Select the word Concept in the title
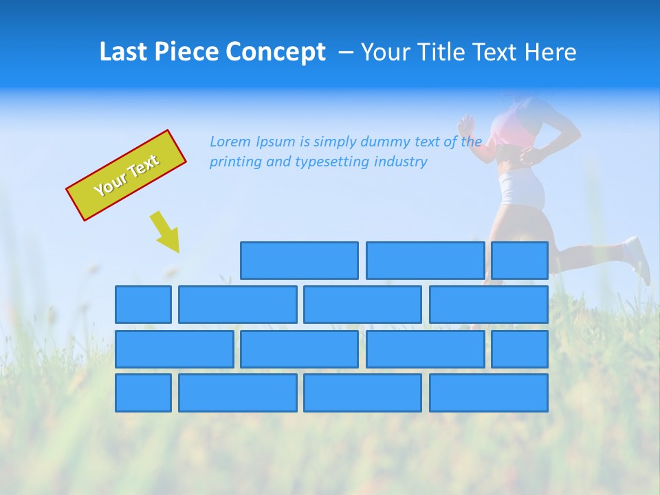[x=277, y=52]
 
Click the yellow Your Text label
[x=126, y=175]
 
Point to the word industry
[x=401, y=162]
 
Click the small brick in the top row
[x=519, y=261]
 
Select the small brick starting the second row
[x=143, y=305]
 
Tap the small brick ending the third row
[x=519, y=349]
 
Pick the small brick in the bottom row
[x=143, y=393]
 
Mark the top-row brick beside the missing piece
[x=299, y=261]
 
